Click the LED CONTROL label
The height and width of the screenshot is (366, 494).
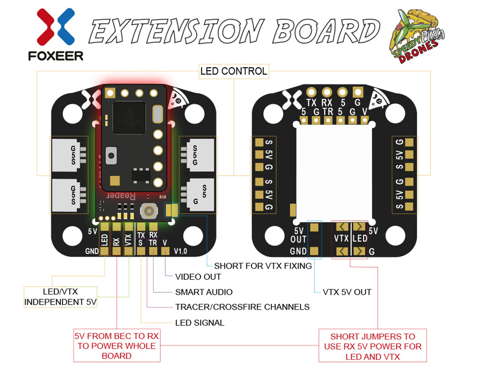(x=234, y=71)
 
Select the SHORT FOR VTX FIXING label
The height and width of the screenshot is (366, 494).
(x=263, y=265)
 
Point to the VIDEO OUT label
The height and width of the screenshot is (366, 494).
(x=198, y=277)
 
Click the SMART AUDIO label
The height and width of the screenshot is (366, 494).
(x=204, y=292)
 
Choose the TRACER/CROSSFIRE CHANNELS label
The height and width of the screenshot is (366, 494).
(x=242, y=307)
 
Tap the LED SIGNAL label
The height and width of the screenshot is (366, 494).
(x=200, y=323)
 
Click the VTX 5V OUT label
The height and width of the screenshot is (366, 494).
(x=347, y=292)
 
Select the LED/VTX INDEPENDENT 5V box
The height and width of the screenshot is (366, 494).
(x=61, y=296)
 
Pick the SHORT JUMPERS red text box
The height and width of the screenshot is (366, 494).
(x=373, y=346)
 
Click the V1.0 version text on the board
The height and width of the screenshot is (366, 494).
(x=180, y=251)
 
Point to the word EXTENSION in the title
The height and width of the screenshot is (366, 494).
(x=176, y=32)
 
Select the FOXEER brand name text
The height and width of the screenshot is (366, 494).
(x=55, y=56)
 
